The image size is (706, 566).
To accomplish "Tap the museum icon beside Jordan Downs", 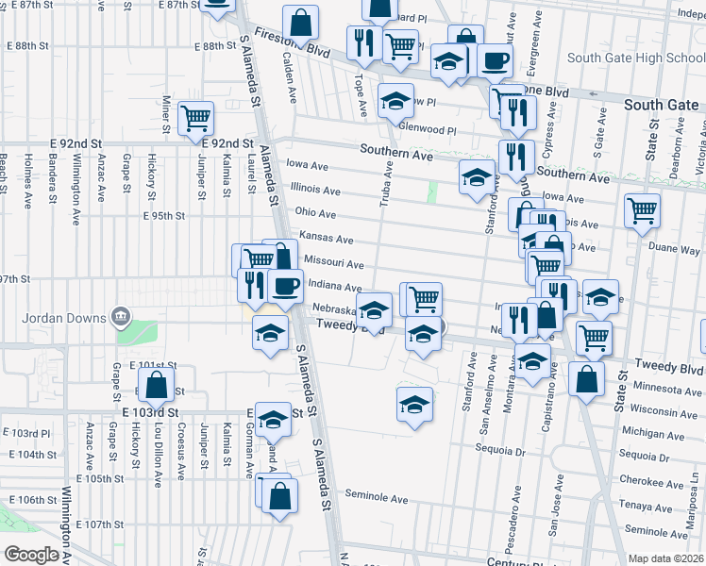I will (120, 314).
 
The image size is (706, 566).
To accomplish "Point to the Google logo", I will (31, 555).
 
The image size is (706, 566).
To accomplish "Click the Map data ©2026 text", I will (666, 558).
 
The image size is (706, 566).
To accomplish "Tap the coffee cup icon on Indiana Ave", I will (285, 284).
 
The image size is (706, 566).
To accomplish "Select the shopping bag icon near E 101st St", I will (156, 383).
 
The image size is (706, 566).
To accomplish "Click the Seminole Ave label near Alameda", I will (376, 497).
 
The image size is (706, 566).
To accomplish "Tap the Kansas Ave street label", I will (326, 239).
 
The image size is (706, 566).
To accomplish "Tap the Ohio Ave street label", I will (315, 214).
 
